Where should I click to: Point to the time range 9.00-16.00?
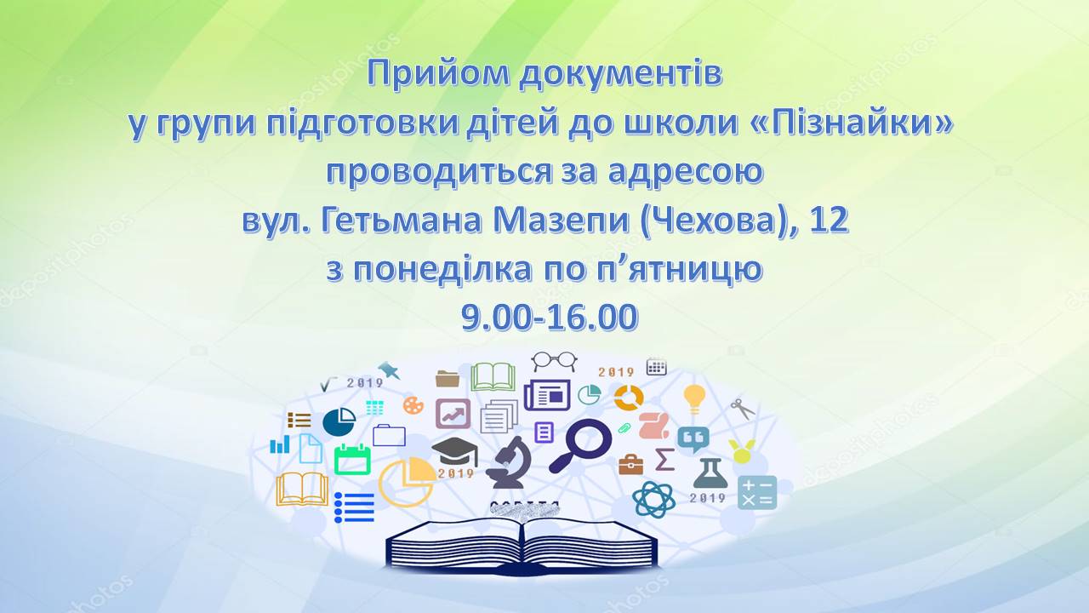click(550, 318)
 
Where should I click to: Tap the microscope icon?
click(509, 461)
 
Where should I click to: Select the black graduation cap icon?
click(454, 451)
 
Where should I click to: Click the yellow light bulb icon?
click(694, 398)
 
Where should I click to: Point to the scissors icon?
click(743, 409)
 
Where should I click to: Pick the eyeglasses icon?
click(554, 361)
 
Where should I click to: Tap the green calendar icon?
click(352, 459)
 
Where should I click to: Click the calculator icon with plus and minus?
click(757, 492)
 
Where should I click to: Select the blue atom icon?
click(654, 499)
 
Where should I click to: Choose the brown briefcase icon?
click(631, 464)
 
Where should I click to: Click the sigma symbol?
click(664, 459)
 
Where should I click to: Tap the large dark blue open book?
click(522, 546)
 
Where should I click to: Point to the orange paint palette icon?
click(413, 404)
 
